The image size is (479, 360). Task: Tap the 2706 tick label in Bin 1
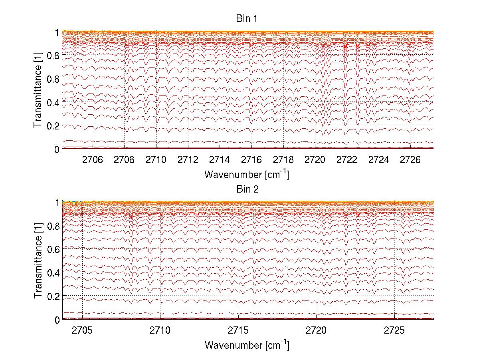point(93,160)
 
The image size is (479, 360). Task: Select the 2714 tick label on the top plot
point(220,160)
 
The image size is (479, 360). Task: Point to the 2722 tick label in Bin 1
point(347,160)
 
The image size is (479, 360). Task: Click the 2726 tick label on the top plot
point(410,160)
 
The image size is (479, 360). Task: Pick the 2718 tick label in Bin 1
point(283,160)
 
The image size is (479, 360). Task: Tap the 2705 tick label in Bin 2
point(82,330)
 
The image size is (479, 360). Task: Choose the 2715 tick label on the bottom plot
point(238,330)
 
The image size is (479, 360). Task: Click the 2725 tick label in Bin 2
point(394,330)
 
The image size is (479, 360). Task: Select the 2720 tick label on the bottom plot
point(317,330)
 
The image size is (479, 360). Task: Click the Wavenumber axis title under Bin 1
point(247,175)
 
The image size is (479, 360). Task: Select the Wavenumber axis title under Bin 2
point(247,345)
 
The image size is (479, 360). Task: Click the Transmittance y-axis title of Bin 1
point(38,90)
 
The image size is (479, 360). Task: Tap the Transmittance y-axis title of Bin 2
point(38,261)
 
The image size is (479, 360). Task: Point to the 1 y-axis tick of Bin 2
point(57,202)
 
